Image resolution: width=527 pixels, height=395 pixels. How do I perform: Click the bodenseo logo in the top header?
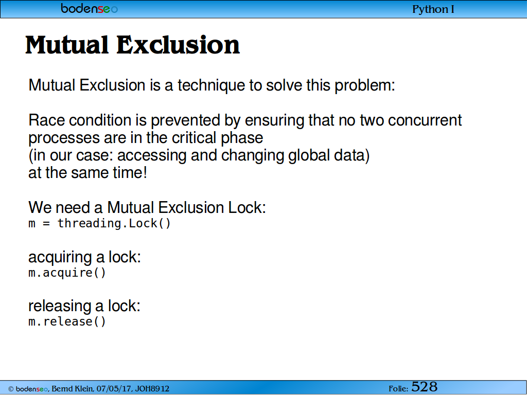pyautogui.click(x=90, y=8)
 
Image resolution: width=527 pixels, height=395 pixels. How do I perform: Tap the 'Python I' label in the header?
pyautogui.click(x=433, y=9)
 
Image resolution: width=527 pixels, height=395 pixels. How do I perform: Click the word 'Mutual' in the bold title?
pyautogui.click(x=67, y=45)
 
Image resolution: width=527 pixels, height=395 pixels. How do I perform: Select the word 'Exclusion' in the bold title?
pyautogui.click(x=178, y=45)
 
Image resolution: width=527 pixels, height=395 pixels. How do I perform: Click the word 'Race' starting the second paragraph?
pyautogui.click(x=46, y=120)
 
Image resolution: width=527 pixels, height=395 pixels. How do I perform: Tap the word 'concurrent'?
pyautogui.click(x=425, y=120)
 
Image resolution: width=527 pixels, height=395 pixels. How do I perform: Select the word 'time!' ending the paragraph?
pyautogui.click(x=130, y=173)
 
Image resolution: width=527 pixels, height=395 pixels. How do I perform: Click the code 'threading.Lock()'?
pyautogui.click(x=114, y=223)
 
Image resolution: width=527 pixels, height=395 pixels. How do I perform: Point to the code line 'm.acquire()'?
pyautogui.click(x=67, y=273)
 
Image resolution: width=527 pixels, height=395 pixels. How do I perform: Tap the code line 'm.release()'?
pyautogui.click(x=67, y=321)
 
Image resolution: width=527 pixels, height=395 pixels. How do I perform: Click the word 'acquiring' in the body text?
pyautogui.click(x=60, y=257)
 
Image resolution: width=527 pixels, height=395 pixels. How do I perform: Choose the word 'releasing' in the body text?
pyautogui.click(x=60, y=306)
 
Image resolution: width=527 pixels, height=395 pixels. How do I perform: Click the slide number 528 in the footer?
pyautogui.click(x=424, y=387)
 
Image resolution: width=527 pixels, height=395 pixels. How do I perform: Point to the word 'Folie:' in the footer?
pyautogui.click(x=398, y=389)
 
